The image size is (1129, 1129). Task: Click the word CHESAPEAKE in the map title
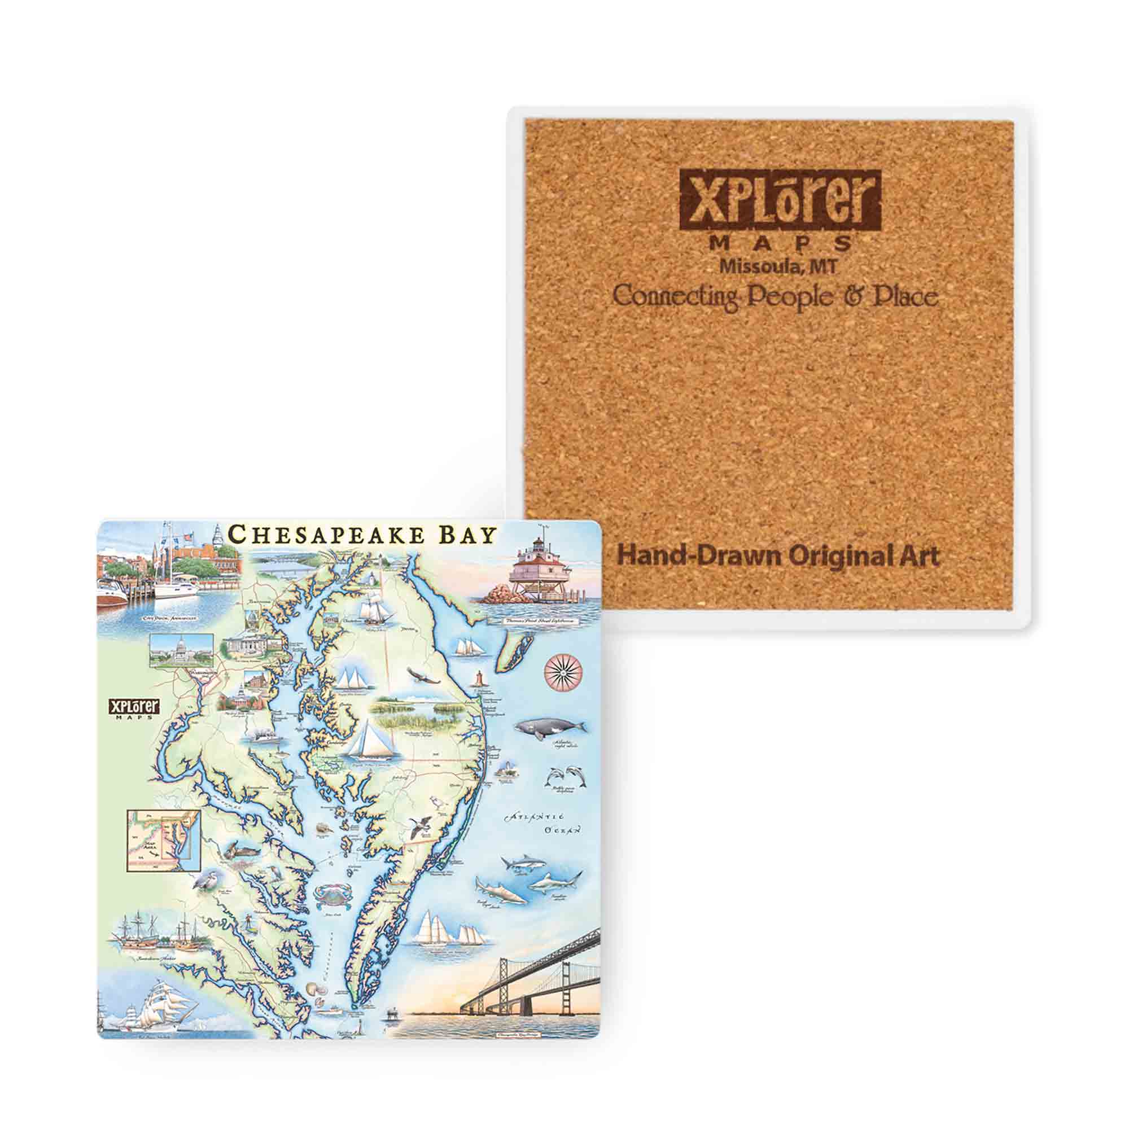(x=327, y=535)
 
